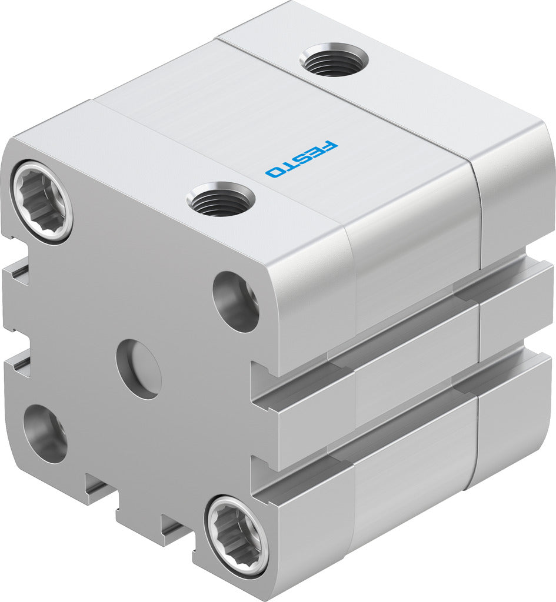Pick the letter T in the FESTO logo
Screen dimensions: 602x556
pyautogui.click(x=289, y=165)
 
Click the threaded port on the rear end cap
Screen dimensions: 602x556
pyautogui.click(x=334, y=60)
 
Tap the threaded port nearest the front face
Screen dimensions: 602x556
pyautogui.click(x=221, y=199)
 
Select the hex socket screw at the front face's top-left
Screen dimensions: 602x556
pyautogui.click(x=41, y=201)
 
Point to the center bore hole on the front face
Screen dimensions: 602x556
pyautogui.click(x=139, y=369)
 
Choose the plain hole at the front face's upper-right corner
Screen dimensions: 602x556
pyautogui.click(x=236, y=302)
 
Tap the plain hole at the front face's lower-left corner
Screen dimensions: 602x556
pyautogui.click(x=45, y=433)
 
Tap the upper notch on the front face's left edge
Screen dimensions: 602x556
pyautogui.click(x=18, y=273)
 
